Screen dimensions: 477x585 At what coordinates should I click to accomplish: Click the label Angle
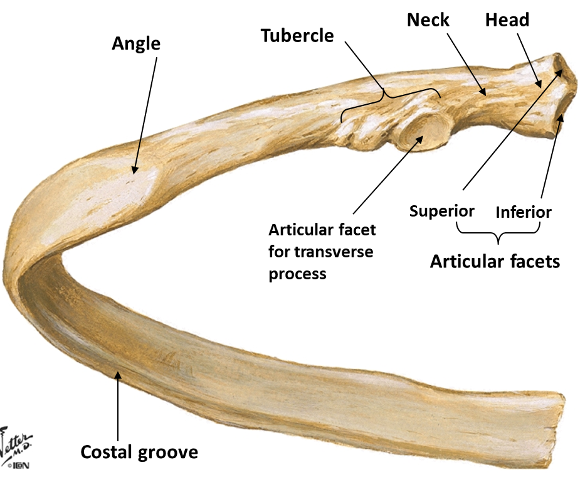pyautogui.click(x=136, y=44)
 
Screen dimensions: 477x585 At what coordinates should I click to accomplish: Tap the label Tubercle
pyautogui.click(x=297, y=36)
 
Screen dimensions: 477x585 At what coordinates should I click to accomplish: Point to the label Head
pyautogui.click(x=507, y=20)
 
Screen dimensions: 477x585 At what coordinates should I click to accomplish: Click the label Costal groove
pyautogui.click(x=139, y=452)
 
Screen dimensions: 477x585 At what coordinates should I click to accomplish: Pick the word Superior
pyautogui.click(x=442, y=211)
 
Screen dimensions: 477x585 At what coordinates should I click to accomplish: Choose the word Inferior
pyautogui.click(x=524, y=212)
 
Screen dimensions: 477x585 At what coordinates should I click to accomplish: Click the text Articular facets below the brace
pyautogui.click(x=495, y=261)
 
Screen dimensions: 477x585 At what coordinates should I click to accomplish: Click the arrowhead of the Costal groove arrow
pyautogui.click(x=117, y=375)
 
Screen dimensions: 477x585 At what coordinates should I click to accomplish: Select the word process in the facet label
pyautogui.click(x=297, y=274)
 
